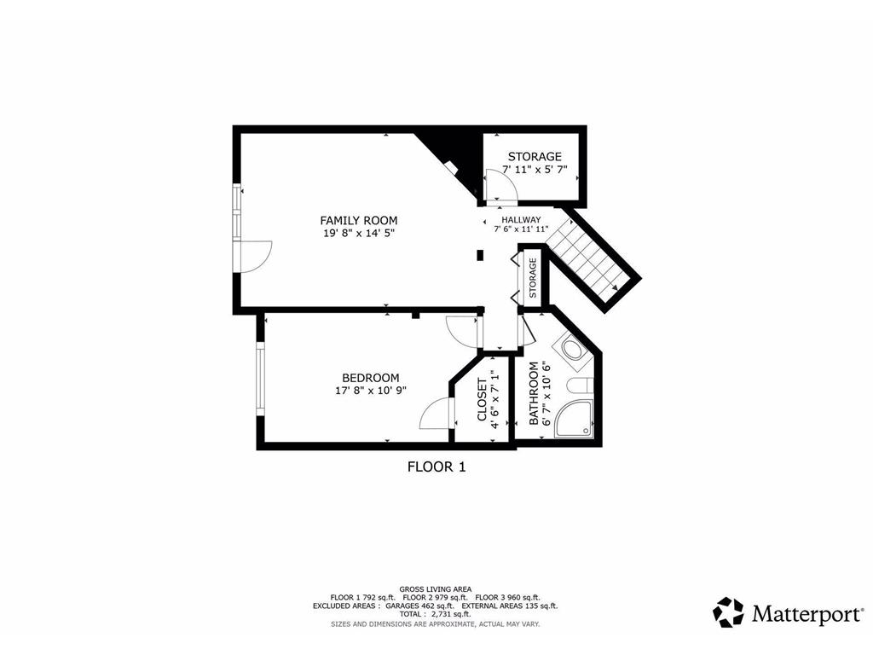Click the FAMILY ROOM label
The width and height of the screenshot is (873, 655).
point(358,220)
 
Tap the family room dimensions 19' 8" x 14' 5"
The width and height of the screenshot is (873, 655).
point(358,233)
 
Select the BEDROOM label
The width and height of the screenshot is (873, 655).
point(370,378)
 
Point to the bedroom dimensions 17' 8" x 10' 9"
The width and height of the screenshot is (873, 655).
point(370,391)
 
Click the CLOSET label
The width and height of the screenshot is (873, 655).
point(482,399)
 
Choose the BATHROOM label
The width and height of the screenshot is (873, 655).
point(535,393)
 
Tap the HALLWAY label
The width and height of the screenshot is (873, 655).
point(521,219)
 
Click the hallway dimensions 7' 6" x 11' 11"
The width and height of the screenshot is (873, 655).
point(521,229)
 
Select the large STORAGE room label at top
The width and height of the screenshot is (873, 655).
point(535,157)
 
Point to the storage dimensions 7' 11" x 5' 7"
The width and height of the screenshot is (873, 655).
point(535,170)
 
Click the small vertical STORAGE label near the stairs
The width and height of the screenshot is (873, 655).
point(532,278)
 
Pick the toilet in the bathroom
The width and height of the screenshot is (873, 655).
point(580,386)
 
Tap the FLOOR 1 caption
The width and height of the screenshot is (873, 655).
point(436,467)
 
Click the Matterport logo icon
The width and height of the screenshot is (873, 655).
point(728,612)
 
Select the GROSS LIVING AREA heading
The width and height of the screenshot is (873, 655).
point(436,588)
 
